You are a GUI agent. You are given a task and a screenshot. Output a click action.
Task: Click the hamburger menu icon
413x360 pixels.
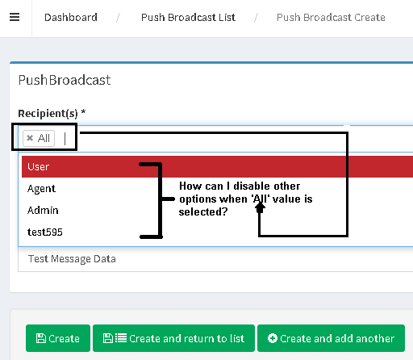[15, 17]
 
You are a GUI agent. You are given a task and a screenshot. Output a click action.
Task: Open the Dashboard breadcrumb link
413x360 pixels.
[71, 18]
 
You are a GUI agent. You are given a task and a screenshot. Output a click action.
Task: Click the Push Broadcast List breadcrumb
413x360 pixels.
[188, 18]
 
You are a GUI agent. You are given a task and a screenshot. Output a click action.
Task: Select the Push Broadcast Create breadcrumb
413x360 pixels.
[331, 18]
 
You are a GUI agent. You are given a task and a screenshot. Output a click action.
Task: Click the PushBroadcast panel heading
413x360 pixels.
[65, 80]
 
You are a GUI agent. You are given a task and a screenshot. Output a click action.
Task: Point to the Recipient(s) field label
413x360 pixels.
[52, 113]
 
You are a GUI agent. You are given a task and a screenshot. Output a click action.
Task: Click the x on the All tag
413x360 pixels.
[30, 138]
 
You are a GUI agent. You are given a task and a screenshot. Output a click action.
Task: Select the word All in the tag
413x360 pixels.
[44, 138]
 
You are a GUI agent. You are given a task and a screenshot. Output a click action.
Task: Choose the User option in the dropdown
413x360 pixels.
[38, 167]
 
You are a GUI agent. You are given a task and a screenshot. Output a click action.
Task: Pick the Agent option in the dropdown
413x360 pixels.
[41, 189]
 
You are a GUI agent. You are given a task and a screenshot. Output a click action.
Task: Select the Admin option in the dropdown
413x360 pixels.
[43, 210]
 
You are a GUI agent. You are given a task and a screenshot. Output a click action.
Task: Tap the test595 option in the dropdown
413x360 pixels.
[45, 232]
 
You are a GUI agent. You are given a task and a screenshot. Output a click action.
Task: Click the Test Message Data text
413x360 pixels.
[72, 259]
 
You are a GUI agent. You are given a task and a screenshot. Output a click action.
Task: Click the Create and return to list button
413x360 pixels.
[173, 338]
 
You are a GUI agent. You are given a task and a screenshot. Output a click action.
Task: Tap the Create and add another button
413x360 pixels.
[331, 338]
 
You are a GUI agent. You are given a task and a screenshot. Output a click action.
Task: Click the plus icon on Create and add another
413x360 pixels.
[273, 338]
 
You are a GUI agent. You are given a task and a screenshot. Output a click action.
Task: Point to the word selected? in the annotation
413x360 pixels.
[203, 212]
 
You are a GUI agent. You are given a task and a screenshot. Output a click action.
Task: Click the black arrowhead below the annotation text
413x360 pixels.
[260, 207]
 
